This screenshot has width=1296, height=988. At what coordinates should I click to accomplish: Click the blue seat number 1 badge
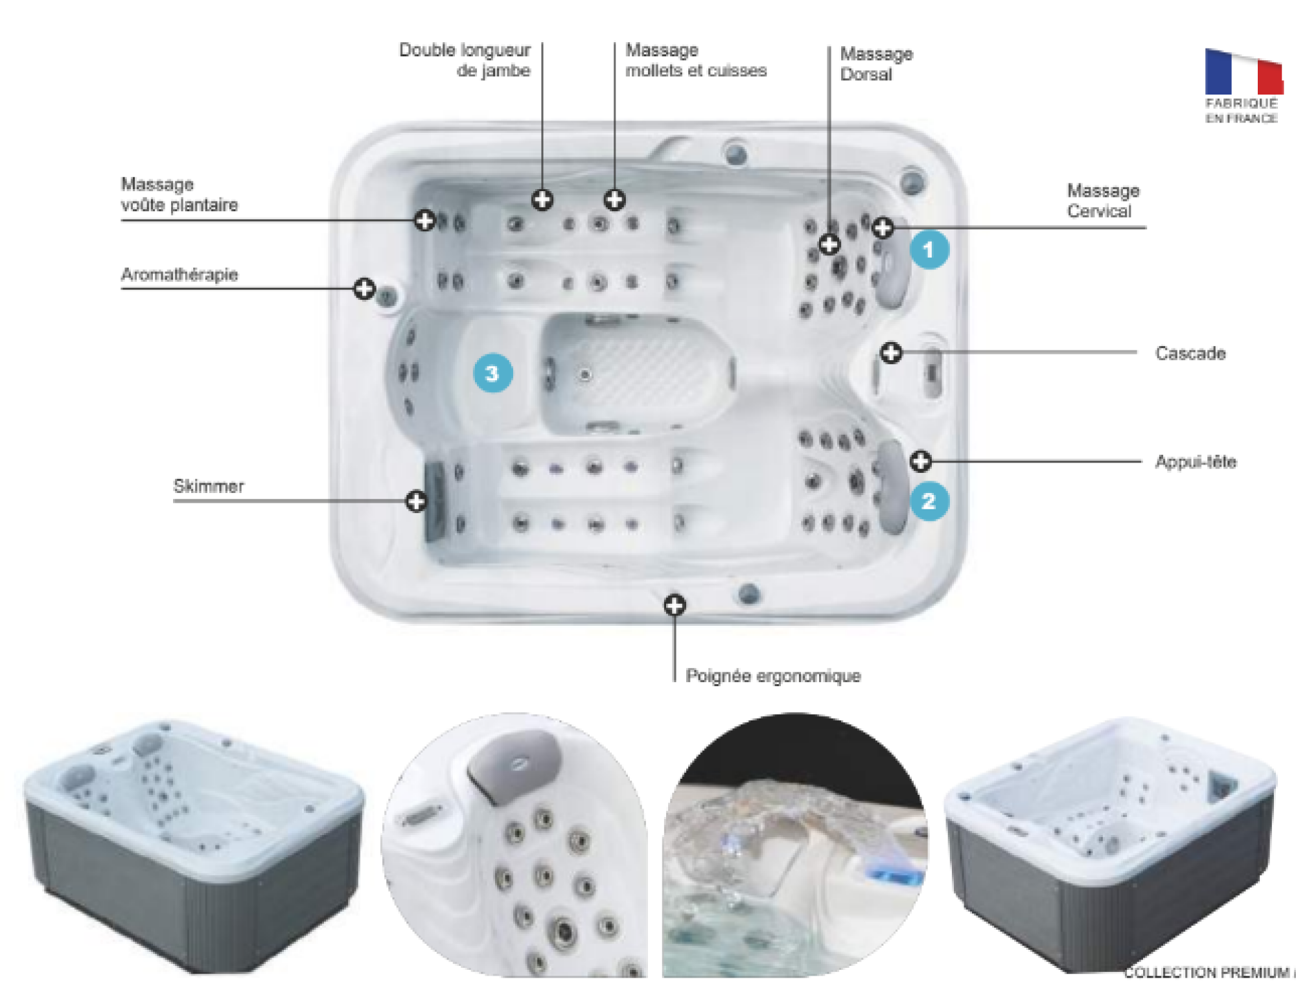[x=929, y=249]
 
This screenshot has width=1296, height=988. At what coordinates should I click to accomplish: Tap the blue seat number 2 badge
[x=929, y=501]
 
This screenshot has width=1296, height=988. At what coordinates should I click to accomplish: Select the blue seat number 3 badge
[x=492, y=373]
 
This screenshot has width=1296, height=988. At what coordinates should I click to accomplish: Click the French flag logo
[x=1243, y=73]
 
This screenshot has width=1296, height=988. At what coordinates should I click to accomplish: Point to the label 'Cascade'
[x=1190, y=354]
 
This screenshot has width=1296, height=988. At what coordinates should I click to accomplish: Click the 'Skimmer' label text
[x=208, y=487]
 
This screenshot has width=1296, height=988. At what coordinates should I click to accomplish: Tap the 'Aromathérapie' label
[x=179, y=275]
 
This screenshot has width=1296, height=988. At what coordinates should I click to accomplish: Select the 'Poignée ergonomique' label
[x=772, y=676]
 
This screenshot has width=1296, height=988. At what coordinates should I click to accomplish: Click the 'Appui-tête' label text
[x=1196, y=462]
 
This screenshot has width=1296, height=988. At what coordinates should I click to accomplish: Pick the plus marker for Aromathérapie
[x=364, y=288]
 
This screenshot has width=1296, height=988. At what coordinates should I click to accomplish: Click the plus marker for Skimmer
[x=416, y=501]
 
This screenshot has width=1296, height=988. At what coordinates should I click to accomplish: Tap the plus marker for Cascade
[x=891, y=352]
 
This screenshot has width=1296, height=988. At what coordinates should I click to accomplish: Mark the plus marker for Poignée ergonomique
[x=675, y=606]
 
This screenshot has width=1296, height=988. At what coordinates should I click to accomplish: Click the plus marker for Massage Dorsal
[x=829, y=244]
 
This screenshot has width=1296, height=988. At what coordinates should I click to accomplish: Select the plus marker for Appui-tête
[x=920, y=461]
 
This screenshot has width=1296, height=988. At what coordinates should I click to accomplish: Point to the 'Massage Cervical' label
[x=1102, y=201]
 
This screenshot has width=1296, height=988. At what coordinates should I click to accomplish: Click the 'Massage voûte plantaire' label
[x=179, y=194]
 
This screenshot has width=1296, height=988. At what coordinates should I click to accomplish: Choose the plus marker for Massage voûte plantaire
[x=424, y=220]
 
